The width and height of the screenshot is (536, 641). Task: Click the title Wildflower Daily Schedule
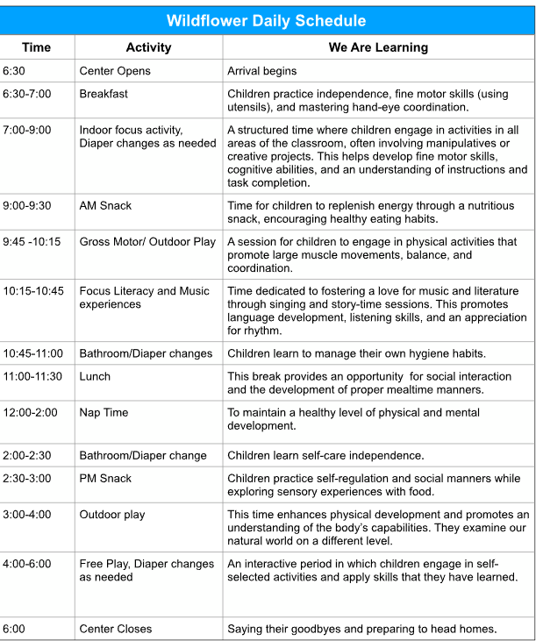pyautogui.click(x=267, y=20)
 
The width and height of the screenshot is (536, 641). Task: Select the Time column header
pyautogui.click(x=36, y=47)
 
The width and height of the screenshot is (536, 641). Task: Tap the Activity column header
pyautogui.click(x=148, y=47)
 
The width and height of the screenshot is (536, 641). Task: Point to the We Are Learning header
pyautogui.click(x=378, y=47)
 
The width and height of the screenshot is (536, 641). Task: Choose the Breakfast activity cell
pyautogui.click(x=104, y=94)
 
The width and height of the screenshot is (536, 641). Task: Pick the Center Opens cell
pyautogui.click(x=115, y=71)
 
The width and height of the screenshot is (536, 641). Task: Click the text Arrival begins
pyautogui.click(x=261, y=71)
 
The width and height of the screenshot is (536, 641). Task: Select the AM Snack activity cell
pyautogui.click(x=105, y=206)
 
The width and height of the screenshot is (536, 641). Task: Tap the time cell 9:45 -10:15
pyautogui.click(x=32, y=242)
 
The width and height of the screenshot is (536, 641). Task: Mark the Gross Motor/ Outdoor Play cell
pyautogui.click(x=147, y=242)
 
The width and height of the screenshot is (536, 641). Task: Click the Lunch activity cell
pyautogui.click(x=95, y=376)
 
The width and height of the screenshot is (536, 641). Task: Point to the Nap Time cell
pyautogui.click(x=104, y=411)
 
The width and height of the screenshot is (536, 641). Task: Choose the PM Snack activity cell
pyautogui.click(x=105, y=479)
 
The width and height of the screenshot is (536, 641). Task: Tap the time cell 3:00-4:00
pyautogui.click(x=26, y=515)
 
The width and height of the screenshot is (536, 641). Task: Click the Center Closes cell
pyautogui.click(x=115, y=629)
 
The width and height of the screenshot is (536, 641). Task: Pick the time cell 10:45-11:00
pyautogui.click(x=32, y=353)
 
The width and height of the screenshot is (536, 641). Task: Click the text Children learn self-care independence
pyautogui.click(x=325, y=456)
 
